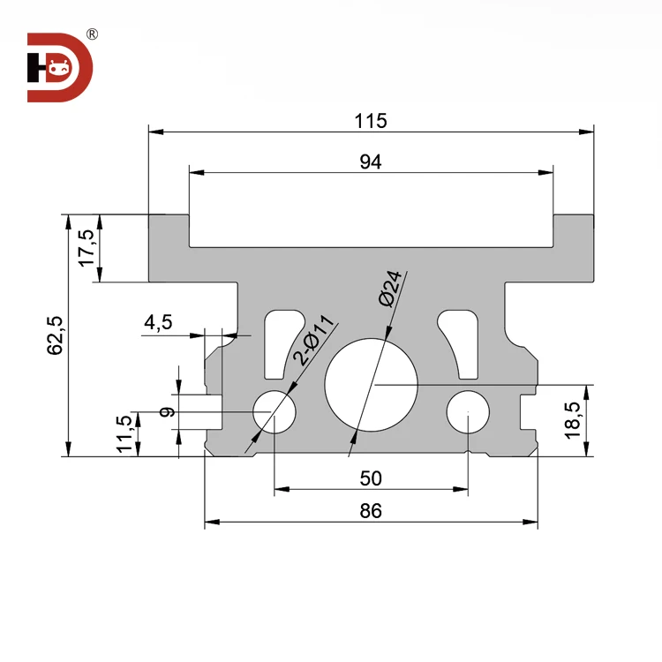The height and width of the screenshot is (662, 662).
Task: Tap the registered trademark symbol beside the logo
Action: pos(92,34)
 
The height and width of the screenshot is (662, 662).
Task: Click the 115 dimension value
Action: pos(371,120)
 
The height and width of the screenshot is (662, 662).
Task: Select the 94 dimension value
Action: pos(371,162)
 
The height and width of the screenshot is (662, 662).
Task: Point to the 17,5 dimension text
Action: pos(86,248)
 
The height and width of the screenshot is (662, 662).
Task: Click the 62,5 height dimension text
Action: pos(55,335)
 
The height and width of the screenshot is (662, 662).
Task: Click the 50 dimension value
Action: pos(371,478)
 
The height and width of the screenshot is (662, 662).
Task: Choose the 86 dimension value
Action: pos(371,511)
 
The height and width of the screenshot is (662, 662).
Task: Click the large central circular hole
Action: pos(371,385)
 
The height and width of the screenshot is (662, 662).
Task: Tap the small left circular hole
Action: pos(274,412)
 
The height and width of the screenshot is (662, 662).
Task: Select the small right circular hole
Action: pos(467,412)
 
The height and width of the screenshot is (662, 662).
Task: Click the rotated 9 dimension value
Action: pos(165,410)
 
